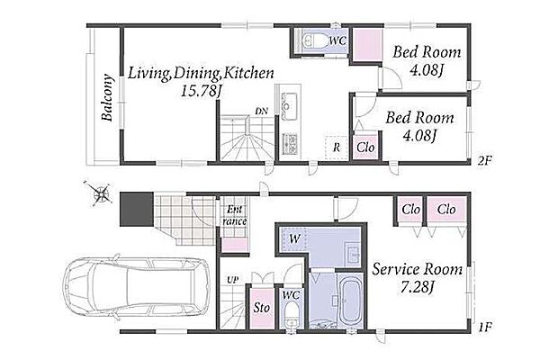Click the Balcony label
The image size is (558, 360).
pyautogui.click(x=107, y=97)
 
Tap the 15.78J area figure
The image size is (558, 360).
pyautogui.click(x=202, y=92)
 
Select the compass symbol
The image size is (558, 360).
pyautogui.click(x=100, y=193)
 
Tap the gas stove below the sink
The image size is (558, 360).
pyautogui.click(x=290, y=143)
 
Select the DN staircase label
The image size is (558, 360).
pyautogui.click(x=262, y=111)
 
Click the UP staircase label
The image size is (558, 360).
pyautogui.click(x=233, y=280)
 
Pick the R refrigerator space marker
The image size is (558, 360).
pyautogui.click(x=336, y=148)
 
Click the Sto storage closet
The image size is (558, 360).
pyautogui.click(x=262, y=308)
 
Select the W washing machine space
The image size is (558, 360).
pyautogui.click(x=294, y=239)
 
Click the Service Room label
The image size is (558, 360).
pyautogui.click(x=418, y=269)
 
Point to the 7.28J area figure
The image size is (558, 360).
pyautogui.click(x=417, y=287)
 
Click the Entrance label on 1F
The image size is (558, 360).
pyautogui.click(x=235, y=216)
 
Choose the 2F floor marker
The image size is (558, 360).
pyautogui.click(x=484, y=160)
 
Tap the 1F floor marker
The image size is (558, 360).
pyautogui.click(x=485, y=327)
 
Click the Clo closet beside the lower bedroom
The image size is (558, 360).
pyautogui.click(x=365, y=147)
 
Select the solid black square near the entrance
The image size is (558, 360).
pyautogui.click(x=137, y=209)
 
